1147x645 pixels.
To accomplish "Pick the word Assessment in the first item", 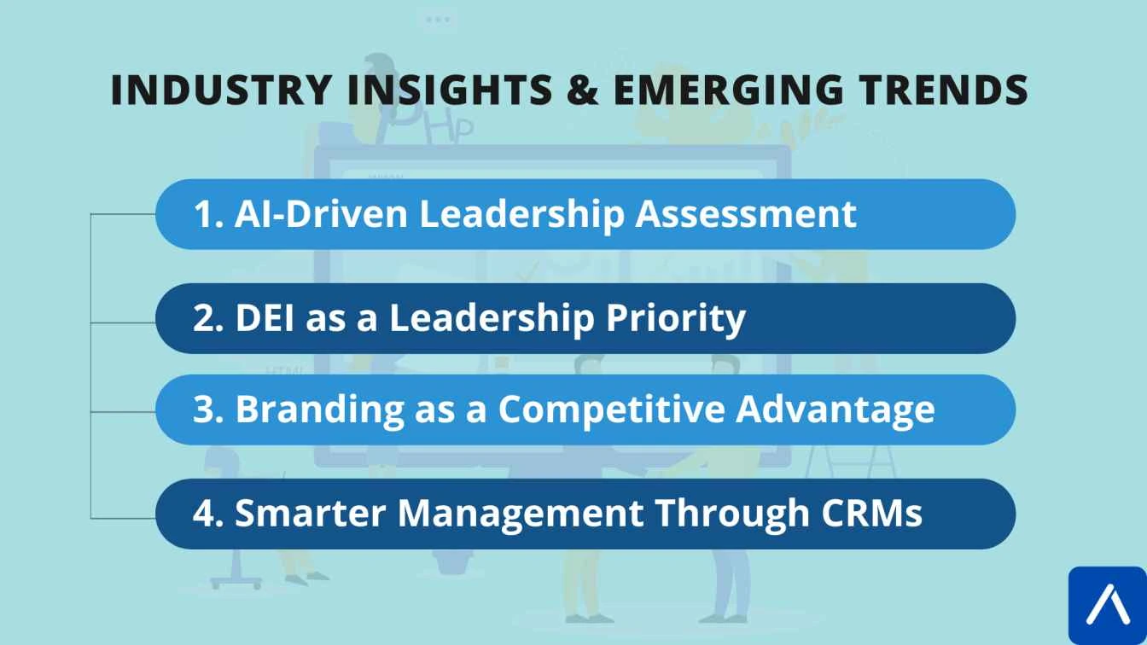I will tap(745, 214).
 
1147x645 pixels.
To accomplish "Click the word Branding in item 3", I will tap(319, 410).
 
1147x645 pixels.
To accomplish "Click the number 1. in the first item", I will tap(207, 214).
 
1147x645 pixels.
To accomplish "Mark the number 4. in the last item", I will tap(207, 514).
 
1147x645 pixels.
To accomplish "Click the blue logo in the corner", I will tap(1107, 605).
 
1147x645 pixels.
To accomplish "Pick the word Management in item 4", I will tap(520, 514).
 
